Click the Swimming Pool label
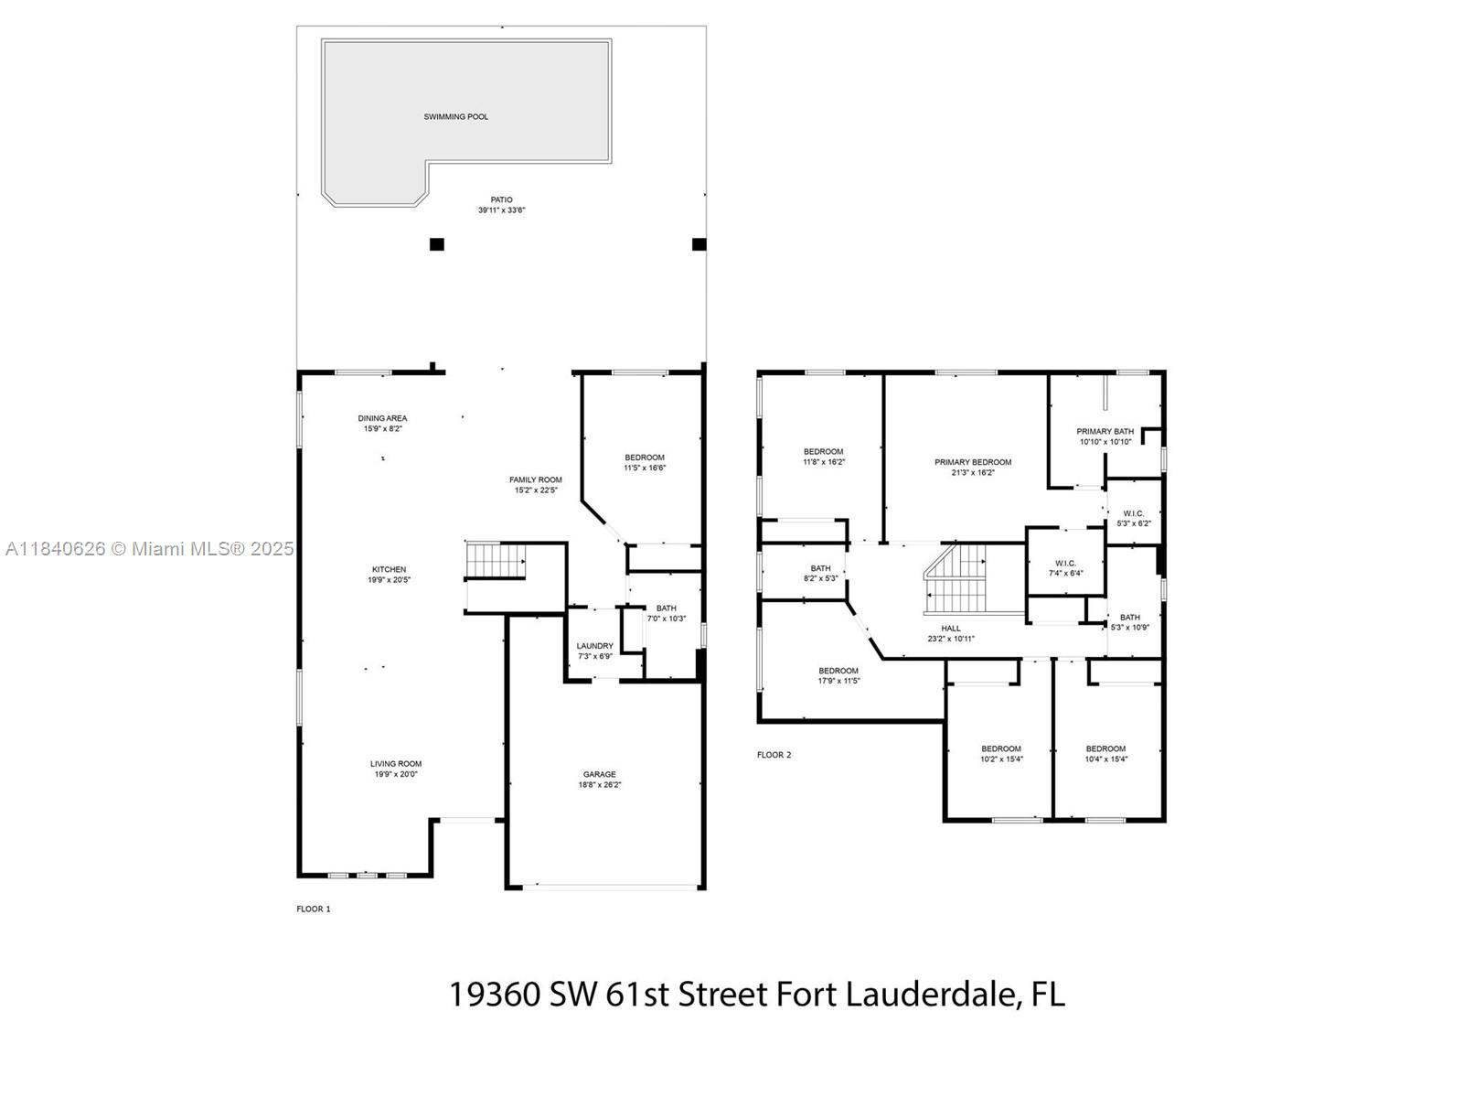tap(455, 117)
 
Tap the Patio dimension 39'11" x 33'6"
tap(501, 210)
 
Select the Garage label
tap(599, 774)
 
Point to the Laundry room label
tap(594, 646)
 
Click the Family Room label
tap(535, 479)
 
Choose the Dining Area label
tap(382, 418)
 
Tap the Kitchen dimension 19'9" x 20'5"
tap(389, 580)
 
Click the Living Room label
tap(396, 764)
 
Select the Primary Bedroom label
tap(973, 462)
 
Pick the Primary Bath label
tap(1105, 431)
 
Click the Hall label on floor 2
tap(951, 629)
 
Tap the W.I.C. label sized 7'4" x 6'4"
tap(1065, 564)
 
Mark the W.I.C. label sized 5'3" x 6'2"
tap(1133, 513)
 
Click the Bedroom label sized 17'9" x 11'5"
tap(838, 671)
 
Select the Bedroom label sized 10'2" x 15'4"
tap(1000, 748)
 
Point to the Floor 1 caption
tap(313, 909)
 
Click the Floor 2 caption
tap(774, 755)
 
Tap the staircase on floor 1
tap(497, 560)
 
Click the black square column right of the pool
tap(699, 244)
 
